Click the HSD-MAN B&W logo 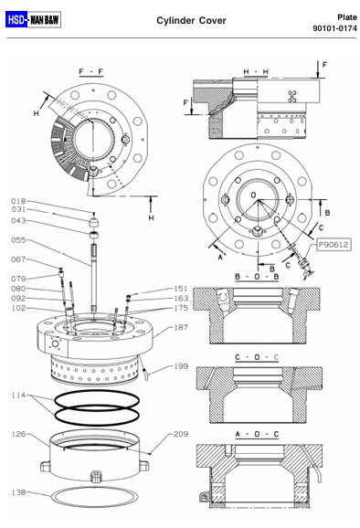point(33,19)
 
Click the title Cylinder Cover point(191,20)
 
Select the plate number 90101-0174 point(334,28)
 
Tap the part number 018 point(18,201)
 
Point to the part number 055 point(18,240)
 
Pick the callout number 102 point(18,308)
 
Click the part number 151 point(181,289)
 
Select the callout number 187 point(181,327)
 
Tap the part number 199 point(181,366)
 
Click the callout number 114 point(18,396)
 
